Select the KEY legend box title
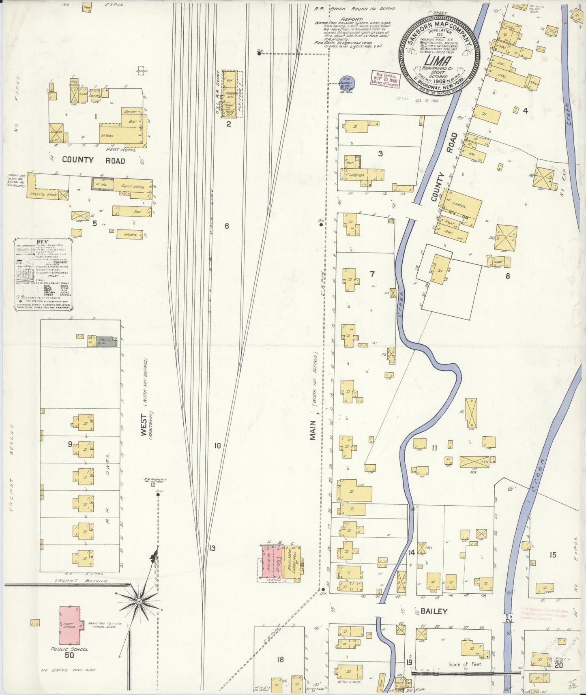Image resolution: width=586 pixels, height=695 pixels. click(42, 242)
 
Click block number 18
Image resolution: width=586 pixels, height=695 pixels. click(280, 660)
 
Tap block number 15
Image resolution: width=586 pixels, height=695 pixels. click(552, 555)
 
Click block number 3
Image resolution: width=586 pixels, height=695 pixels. click(380, 153)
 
